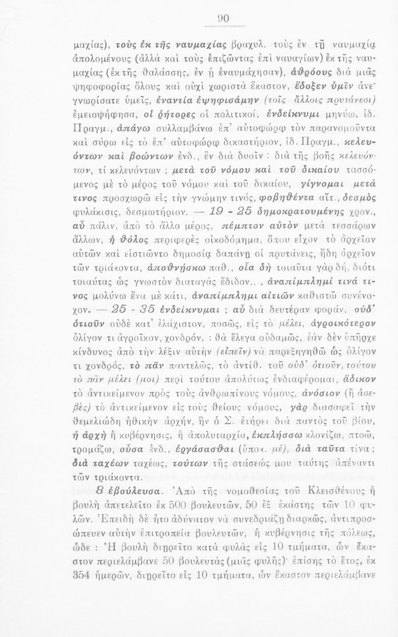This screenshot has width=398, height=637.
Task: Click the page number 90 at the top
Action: coord(223,18)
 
